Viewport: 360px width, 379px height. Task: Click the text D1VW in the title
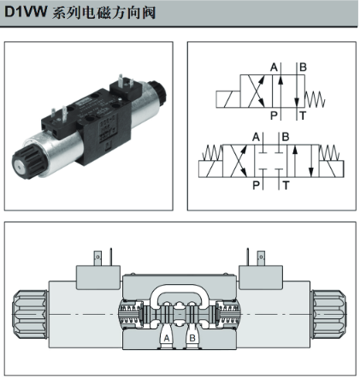tap(26, 12)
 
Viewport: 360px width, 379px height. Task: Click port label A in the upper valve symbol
tap(274, 68)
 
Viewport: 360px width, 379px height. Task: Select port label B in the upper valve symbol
tap(303, 68)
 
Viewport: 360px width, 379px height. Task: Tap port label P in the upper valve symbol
tap(274, 115)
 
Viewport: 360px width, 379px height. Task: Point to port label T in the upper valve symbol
tap(303, 115)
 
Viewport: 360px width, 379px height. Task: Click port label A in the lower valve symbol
tap(256, 137)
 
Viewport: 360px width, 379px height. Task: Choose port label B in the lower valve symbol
tap(286, 137)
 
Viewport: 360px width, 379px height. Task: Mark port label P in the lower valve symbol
tap(256, 186)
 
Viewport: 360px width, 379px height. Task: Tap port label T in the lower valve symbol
tap(286, 186)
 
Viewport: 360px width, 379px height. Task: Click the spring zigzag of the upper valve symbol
tap(315, 99)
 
